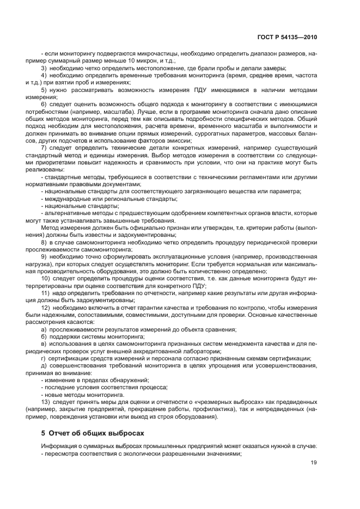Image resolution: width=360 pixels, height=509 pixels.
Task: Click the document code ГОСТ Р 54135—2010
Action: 287,38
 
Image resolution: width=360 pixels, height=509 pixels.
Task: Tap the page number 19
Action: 313,463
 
